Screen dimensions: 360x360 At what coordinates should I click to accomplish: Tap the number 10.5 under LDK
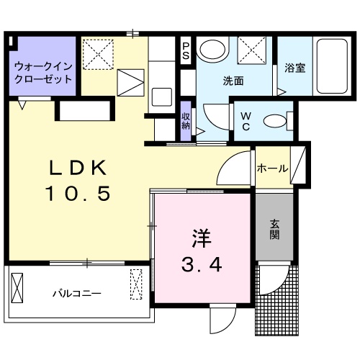[78, 193]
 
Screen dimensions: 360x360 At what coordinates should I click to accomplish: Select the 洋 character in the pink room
[200, 238]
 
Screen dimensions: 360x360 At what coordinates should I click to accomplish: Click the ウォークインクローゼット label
[43, 72]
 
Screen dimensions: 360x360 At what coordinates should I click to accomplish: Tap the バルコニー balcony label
[76, 294]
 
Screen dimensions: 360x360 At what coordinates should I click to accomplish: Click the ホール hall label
[273, 169]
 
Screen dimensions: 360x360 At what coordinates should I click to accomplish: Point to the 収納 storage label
[185, 120]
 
